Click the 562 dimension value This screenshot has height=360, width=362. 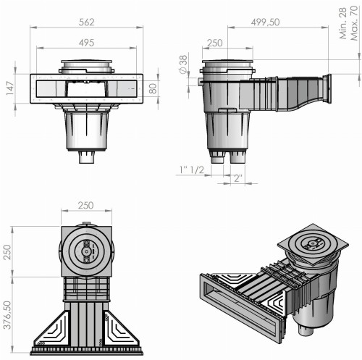pyautogui.click(x=86, y=22)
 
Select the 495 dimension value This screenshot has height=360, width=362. pyautogui.click(x=86, y=43)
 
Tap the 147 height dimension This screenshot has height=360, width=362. pyautogui.click(x=10, y=88)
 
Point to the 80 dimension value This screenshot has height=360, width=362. pyautogui.click(x=153, y=88)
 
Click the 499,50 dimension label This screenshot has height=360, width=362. pyautogui.click(x=265, y=22)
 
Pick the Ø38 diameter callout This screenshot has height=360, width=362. pyautogui.click(x=183, y=64)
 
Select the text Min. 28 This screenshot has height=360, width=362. pyautogui.click(x=343, y=23)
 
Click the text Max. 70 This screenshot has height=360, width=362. pyautogui.click(x=354, y=23)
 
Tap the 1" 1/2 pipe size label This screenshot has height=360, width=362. pyautogui.click(x=192, y=170)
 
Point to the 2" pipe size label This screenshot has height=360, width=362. pyautogui.click(x=238, y=178)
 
